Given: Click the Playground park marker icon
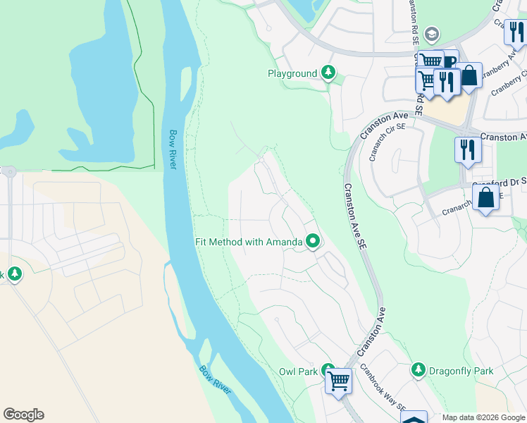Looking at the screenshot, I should click(x=328, y=73).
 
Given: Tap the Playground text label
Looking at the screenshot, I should click(x=292, y=73).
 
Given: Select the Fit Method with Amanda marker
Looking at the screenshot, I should click(x=313, y=242).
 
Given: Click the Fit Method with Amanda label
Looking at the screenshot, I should click(x=249, y=242).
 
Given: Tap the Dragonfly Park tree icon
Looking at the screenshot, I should click(x=418, y=370).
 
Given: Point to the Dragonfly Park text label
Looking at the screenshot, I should click(x=461, y=371).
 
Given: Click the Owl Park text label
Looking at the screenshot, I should click(x=297, y=371).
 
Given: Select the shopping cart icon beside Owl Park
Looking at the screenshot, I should click(x=339, y=381).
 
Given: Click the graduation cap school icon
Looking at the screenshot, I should click(x=432, y=35).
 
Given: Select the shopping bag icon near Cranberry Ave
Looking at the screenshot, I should click(x=470, y=75).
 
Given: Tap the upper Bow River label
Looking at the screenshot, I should click(x=173, y=149).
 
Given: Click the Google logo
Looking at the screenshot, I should click(x=23, y=415).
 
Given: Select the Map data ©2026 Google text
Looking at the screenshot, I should click(x=483, y=417).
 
